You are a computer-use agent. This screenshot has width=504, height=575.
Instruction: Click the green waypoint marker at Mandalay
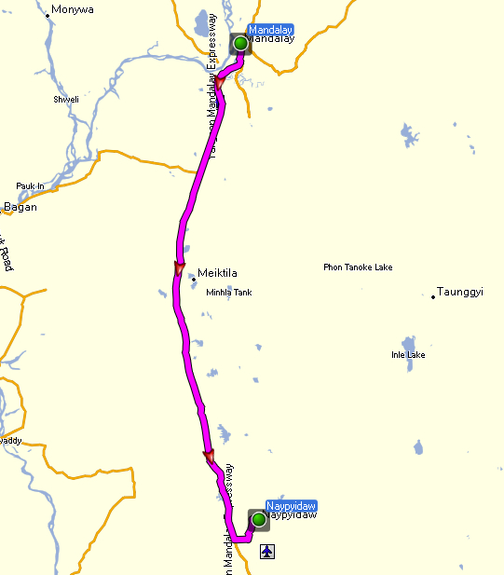[240, 43]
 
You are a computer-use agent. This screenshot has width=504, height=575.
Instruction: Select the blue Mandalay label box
[271, 30]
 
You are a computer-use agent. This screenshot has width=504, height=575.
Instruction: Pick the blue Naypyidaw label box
[291, 504]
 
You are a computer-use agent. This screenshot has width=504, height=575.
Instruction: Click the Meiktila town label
[219, 274]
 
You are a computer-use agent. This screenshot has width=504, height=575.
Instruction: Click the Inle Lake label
[408, 355]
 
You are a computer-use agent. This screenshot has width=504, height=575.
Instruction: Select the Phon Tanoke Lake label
[358, 267]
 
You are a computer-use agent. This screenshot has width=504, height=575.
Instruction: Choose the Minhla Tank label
[228, 293]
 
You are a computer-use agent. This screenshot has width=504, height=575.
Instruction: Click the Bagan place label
[20, 207]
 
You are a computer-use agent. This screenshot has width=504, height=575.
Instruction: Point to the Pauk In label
[30, 186]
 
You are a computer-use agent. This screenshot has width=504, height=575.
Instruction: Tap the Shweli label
[66, 99]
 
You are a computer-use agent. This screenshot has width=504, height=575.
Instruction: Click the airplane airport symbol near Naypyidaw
[268, 553]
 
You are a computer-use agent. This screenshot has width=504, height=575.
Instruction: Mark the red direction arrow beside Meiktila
[178, 270]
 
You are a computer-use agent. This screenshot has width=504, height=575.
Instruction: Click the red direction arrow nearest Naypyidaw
[209, 457]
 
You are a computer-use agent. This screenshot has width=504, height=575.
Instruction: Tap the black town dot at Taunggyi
[433, 297]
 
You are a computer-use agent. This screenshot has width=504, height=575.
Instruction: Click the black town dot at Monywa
[48, 16]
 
